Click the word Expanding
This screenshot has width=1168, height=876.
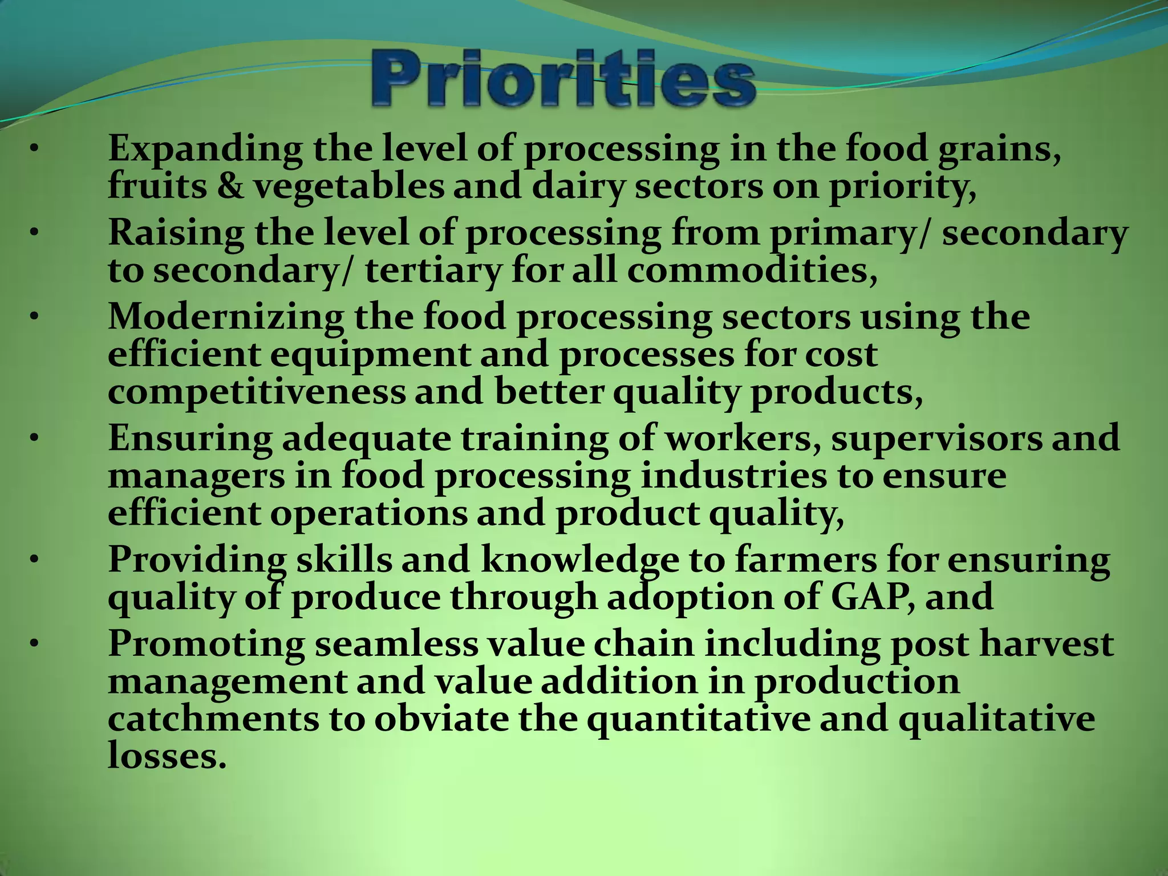(205, 149)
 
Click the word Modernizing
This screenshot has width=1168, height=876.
(226, 317)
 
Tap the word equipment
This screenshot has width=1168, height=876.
(370, 355)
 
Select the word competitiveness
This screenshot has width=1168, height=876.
(257, 392)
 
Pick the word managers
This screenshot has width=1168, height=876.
(196, 476)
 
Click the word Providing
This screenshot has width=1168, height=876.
(197, 560)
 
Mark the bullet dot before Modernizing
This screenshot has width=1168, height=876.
(34, 317)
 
